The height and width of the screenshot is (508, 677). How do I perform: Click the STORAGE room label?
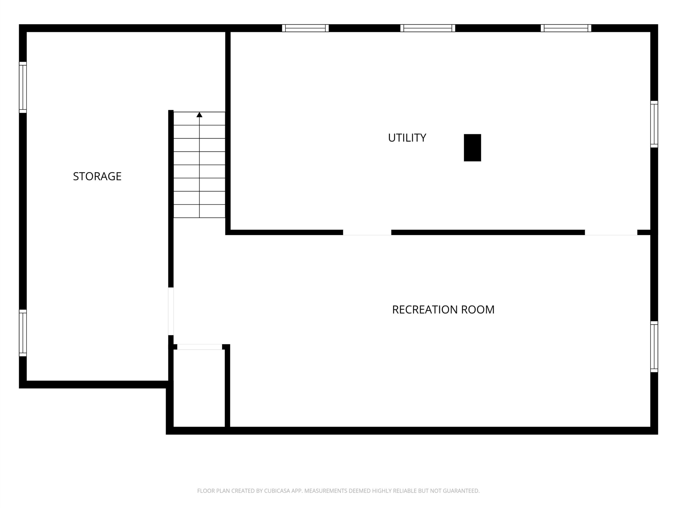[97, 176]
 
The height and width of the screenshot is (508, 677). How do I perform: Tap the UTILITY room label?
[407, 138]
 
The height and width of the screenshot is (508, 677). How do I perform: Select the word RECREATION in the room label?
[425, 310]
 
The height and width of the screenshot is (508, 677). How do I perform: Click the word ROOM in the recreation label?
[478, 310]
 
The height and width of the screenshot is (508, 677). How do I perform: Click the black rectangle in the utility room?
[472, 148]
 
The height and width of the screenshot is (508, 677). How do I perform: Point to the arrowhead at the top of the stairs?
[199, 115]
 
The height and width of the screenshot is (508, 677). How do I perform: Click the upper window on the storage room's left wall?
[23, 87]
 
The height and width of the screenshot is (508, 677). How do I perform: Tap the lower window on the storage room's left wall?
[23, 333]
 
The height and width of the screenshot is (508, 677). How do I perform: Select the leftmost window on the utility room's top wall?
[305, 28]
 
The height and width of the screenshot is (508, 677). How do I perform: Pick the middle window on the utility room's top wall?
[428, 28]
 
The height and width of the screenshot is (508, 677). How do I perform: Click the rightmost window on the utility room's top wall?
[566, 28]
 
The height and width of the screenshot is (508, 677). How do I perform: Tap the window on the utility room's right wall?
[654, 124]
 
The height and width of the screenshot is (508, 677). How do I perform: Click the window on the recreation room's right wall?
[654, 347]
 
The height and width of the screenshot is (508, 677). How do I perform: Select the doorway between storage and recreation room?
[171, 311]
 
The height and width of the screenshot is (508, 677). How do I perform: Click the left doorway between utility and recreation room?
[367, 232]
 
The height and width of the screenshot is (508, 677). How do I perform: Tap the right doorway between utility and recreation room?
[611, 232]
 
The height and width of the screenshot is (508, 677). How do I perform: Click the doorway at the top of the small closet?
[200, 347]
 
